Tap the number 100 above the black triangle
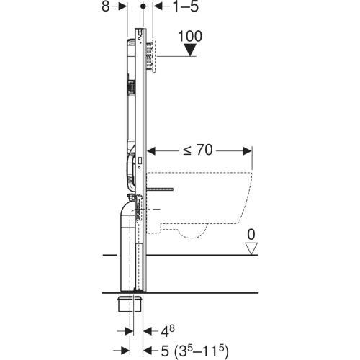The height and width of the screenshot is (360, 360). pos(189,35)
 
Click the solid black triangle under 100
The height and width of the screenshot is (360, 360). pos(189,50)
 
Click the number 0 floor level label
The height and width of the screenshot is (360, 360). pos(251,233)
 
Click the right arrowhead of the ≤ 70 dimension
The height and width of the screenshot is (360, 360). pos(248,151)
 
